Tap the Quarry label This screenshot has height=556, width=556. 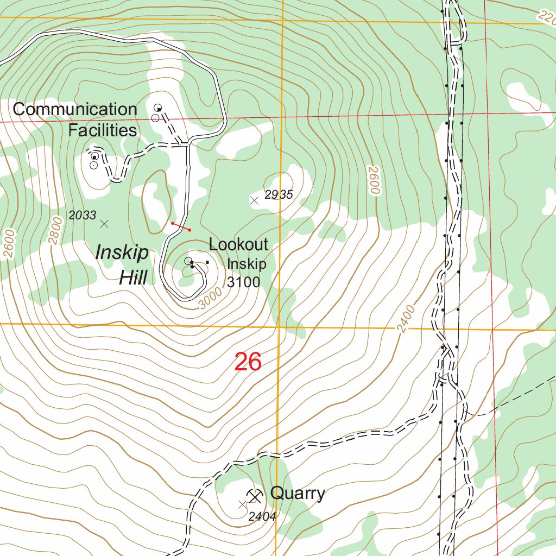pos(298,493)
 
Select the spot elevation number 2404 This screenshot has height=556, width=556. pos(262,516)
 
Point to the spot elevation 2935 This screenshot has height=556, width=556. pos(279,195)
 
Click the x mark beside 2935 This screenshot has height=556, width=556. pos(254,201)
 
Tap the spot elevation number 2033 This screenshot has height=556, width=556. pos(83,216)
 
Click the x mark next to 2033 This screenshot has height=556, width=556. pos(105,223)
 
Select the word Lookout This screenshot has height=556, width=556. pos(238,244)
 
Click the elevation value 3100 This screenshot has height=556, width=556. pos(243,282)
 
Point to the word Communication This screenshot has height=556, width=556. pos(75,109)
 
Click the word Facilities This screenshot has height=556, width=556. pos(102,130)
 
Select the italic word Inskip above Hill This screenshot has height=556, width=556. pos(122,252)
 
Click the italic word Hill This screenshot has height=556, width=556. pos(133,278)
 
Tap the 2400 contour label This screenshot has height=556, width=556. pos(406,319)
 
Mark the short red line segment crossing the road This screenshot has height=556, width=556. pos(181,226)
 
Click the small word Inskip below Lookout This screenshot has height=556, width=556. pos(247,264)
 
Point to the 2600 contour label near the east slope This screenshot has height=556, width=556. pos(373,181)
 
